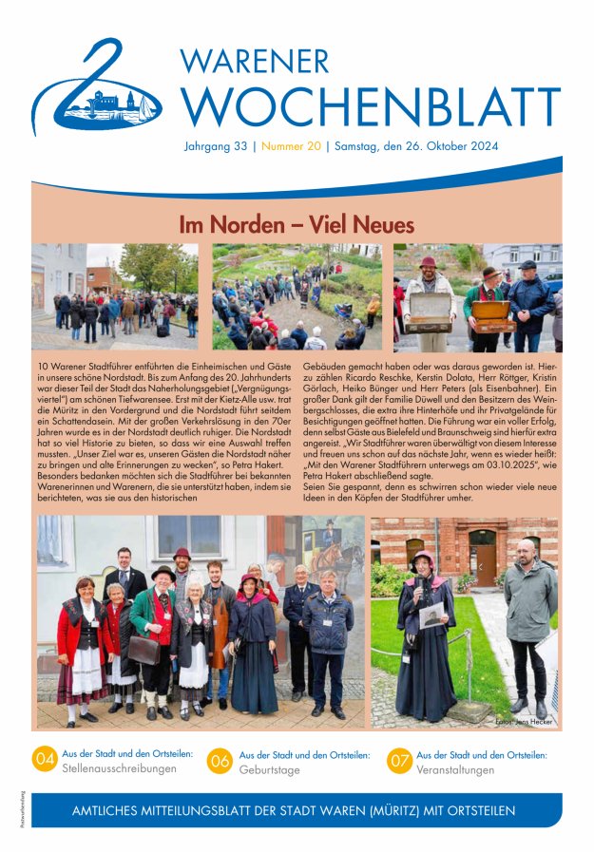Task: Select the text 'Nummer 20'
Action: (292, 147)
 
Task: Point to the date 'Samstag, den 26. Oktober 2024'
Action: (415, 147)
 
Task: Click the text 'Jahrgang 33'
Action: (216, 147)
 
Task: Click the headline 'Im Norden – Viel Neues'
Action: (297, 225)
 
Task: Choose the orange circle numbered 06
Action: (220, 759)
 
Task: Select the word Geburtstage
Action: (269, 768)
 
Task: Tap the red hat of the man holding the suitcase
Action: (429, 262)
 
